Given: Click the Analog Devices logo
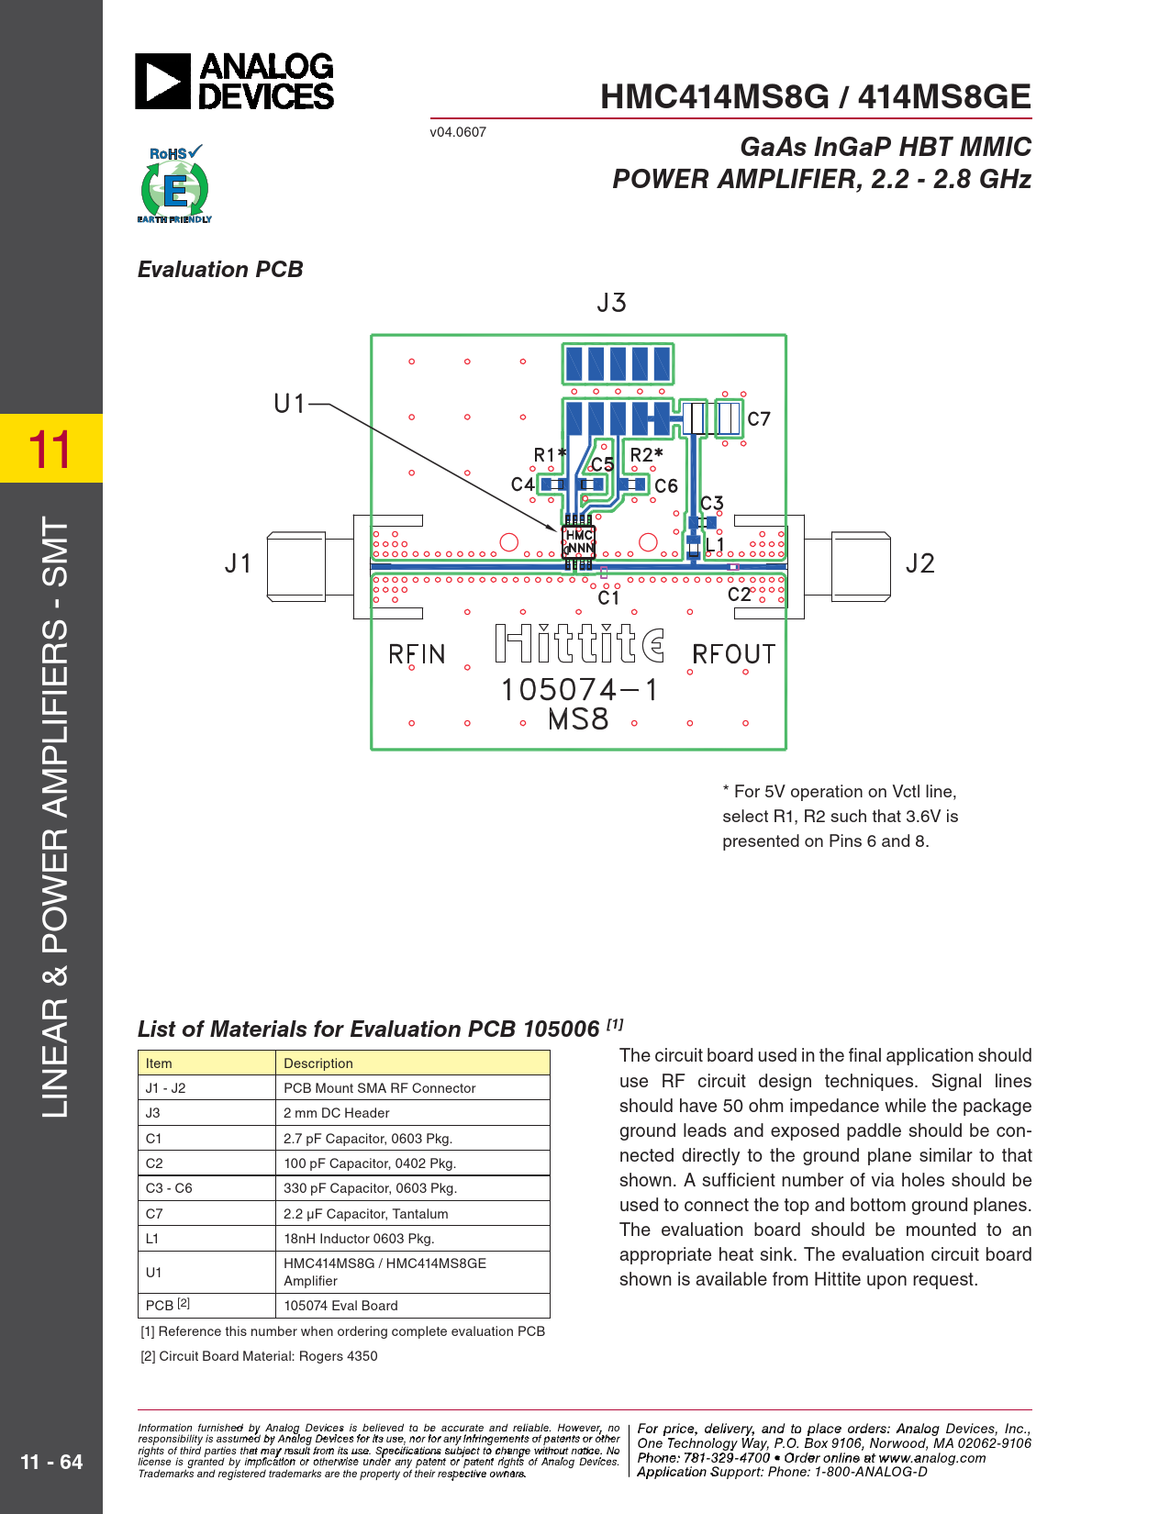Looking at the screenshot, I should pyautogui.click(x=235, y=82).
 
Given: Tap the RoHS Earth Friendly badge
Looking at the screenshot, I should pyautogui.click(x=174, y=184).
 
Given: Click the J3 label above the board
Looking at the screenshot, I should pyautogui.click(x=611, y=303).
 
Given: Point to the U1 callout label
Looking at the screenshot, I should pyautogui.click(x=290, y=404).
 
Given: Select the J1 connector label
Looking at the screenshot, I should pyautogui.click(x=239, y=563).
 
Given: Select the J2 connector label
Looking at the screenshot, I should pyautogui.click(x=919, y=563).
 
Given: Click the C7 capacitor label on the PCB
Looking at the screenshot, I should pyautogui.click(x=759, y=419).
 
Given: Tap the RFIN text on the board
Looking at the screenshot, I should pyautogui.click(x=417, y=654).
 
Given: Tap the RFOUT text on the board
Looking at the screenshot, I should pyautogui.click(x=733, y=654).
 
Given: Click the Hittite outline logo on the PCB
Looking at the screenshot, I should pyautogui.click(x=579, y=643).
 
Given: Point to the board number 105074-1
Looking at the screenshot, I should pyautogui.click(x=579, y=689).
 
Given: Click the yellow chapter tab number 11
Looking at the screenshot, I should pyautogui.click(x=50, y=449).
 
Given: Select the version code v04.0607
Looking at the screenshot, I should pyautogui.click(x=458, y=132).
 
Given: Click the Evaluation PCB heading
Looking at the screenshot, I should pyautogui.click(x=220, y=270).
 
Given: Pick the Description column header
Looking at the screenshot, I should pyautogui.click(x=318, y=1063).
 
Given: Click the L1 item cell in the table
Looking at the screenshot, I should pyautogui.click(x=153, y=1239).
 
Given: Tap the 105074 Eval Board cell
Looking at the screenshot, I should pyautogui.click(x=340, y=1306).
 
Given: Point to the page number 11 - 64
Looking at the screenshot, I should pyautogui.click(x=51, y=1462).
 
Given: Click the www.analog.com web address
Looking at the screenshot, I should pyautogui.click(x=931, y=1458).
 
